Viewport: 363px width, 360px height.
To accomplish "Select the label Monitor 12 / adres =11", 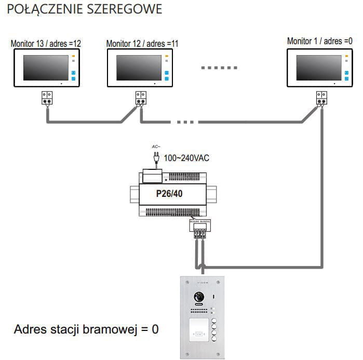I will tap(142, 44).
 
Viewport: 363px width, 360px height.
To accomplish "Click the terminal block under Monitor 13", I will tap(47, 98).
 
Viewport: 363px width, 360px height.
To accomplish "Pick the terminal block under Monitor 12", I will tap(141, 98).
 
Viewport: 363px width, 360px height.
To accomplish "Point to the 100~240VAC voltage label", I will tap(186, 157).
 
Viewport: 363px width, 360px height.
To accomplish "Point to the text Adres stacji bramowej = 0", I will tap(86, 329).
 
